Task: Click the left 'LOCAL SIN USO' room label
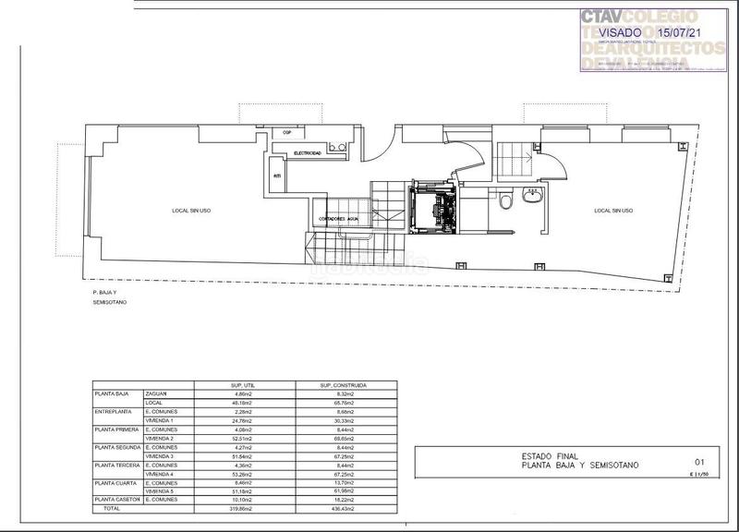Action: (190, 211)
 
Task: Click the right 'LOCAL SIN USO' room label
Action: (613, 211)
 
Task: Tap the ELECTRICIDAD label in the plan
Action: (308, 152)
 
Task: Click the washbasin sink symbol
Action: (532, 194)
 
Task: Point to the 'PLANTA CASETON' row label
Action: (114, 500)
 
